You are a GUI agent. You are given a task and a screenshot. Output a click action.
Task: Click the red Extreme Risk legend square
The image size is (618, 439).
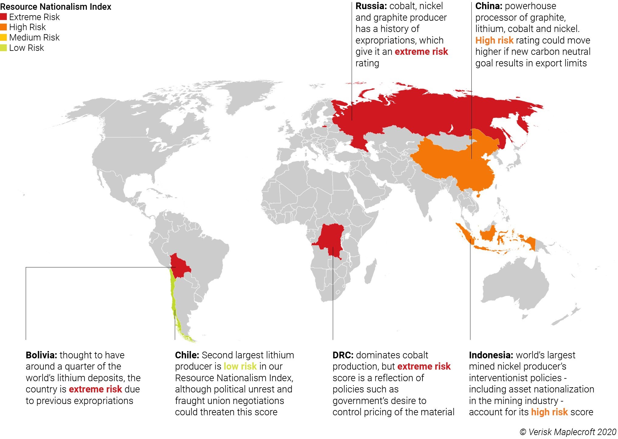click(x=3, y=17)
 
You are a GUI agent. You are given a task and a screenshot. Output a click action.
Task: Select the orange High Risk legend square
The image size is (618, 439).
click(x=3, y=27)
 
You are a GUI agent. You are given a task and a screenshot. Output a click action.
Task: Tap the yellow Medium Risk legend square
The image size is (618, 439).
click(x=3, y=37)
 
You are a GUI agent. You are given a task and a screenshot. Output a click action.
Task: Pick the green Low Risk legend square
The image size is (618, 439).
click(x=3, y=48)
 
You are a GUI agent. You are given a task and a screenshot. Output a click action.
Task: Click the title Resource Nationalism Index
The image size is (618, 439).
click(x=56, y=7)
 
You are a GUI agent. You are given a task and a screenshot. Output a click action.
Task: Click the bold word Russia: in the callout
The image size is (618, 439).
click(x=371, y=6)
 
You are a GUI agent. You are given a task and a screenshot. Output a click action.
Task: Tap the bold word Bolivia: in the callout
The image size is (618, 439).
click(x=41, y=355)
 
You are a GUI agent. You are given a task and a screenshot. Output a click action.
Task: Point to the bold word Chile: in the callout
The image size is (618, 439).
click(x=187, y=355)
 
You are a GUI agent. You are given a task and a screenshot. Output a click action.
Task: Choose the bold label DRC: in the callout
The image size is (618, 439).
click(x=343, y=355)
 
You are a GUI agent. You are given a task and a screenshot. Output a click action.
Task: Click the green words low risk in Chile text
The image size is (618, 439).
click(x=240, y=366)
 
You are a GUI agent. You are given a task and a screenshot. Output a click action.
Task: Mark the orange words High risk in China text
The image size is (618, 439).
click(x=494, y=40)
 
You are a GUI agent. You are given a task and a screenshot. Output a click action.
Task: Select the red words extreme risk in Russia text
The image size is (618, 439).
click(x=421, y=52)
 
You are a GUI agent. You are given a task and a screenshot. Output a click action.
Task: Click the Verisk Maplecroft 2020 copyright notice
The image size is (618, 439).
click(x=568, y=432)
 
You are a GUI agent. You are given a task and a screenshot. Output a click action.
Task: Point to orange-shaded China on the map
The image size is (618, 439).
click(x=450, y=164)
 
